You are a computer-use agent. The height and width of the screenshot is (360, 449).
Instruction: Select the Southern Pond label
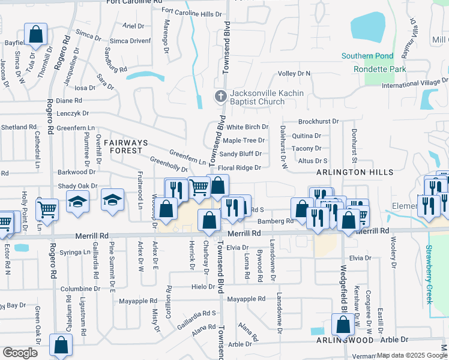367,56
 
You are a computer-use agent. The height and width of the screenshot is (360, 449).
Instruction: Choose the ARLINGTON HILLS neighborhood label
355,172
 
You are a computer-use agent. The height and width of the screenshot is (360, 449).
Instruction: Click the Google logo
20,353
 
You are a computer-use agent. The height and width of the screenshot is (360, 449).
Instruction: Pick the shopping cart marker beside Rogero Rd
47,210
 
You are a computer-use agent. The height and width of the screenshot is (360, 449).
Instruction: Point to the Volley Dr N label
294,74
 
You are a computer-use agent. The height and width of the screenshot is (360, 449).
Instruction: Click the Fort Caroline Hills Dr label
191,13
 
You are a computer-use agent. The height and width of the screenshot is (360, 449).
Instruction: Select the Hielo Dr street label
203,287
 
